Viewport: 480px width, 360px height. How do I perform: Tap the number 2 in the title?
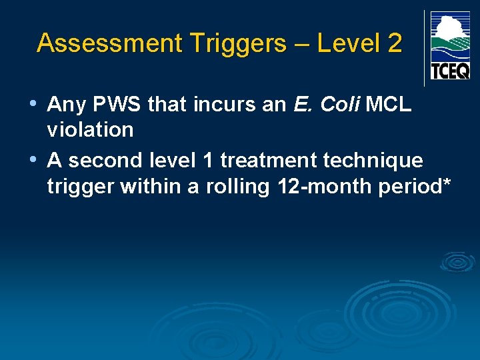coord(394,43)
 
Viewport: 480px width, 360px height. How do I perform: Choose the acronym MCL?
coord(390,105)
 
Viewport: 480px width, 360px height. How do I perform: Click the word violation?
coord(90,130)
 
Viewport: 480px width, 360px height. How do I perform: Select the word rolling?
coord(236,187)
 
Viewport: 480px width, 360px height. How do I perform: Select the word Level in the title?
coord(346,43)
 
